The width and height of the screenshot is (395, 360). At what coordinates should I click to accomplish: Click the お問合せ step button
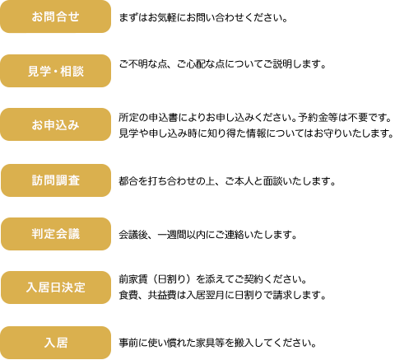coord(55,16)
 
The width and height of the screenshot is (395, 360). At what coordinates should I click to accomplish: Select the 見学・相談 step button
coord(55,71)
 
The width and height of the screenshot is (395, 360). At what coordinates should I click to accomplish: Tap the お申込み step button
coord(55,124)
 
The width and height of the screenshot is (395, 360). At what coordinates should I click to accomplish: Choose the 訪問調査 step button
coord(56,180)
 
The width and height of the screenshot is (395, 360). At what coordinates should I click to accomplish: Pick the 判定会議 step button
coord(56,234)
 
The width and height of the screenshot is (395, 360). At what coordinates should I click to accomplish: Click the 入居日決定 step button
coord(56,288)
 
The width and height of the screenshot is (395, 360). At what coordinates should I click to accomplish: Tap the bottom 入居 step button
coord(55,343)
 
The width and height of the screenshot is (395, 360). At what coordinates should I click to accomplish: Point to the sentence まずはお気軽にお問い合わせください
coord(203,18)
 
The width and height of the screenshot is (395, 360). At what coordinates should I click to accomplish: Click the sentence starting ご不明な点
coord(222,64)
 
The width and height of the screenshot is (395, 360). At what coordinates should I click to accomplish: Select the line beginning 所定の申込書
coord(255,118)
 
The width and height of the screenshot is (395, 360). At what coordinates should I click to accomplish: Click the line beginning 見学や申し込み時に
coord(257,133)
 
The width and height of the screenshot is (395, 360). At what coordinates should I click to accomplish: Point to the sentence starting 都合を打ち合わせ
coord(227,181)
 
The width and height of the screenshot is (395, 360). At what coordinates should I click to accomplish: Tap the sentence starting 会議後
coord(208,235)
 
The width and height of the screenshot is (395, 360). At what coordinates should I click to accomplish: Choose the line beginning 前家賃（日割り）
coord(213,279)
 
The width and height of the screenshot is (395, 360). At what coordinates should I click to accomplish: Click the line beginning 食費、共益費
coord(222,295)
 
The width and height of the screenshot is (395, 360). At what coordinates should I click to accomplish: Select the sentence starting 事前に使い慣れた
coord(217,343)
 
